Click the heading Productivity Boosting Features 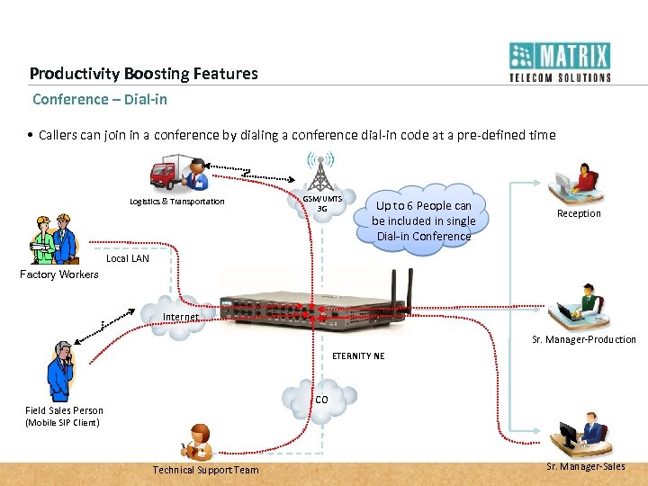pos(143,74)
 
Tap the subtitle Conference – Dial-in pos(100,99)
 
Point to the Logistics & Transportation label pos(176,202)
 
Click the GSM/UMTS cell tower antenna pos(319,171)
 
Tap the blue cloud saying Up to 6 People pos(423,220)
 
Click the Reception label pos(579,213)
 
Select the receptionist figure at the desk pos(576,184)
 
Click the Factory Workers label pos(59,274)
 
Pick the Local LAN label pos(128,258)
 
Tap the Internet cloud pos(178,317)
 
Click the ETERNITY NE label pos(357,355)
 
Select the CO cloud pos(319,398)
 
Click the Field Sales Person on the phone pos(60,371)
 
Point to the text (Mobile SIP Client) pos(63,422)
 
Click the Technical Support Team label pos(205,470)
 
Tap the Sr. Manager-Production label pos(584,339)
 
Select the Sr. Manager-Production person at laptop pos(579,303)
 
